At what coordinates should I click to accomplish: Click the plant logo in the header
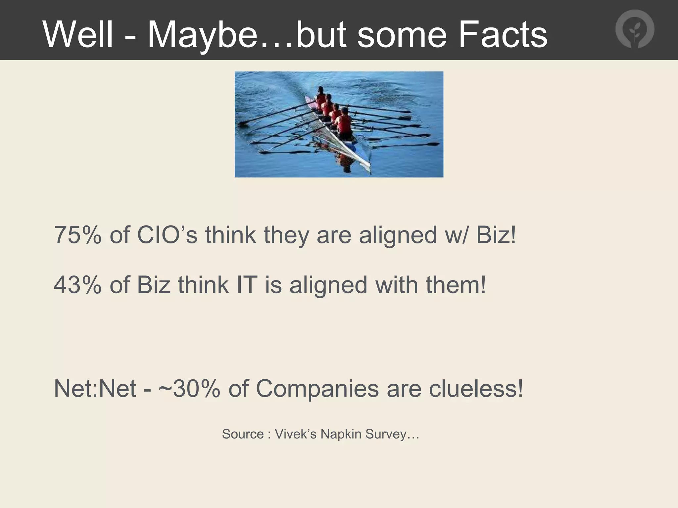635,29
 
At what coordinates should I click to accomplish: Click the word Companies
317,389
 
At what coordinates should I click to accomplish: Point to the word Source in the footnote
243,434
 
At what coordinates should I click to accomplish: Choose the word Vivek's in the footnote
296,434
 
